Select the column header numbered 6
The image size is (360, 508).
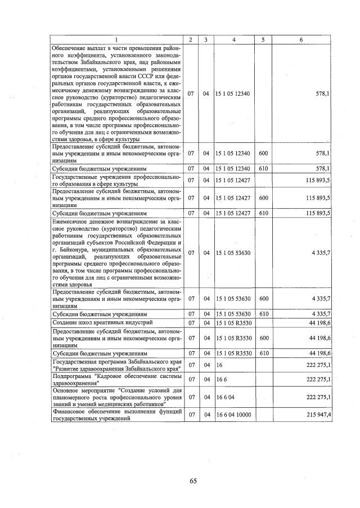(x=301, y=39)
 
